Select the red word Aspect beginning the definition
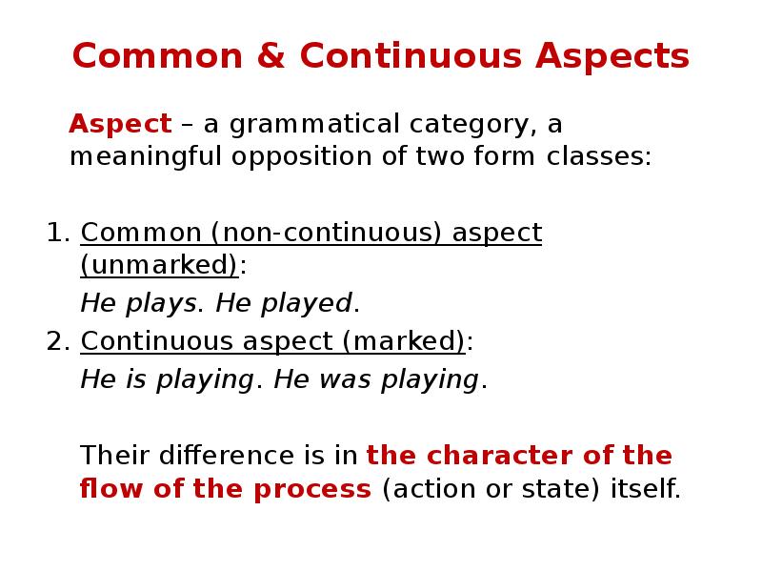pyautogui.click(x=120, y=124)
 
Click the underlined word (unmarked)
pyautogui.click(x=159, y=265)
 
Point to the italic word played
pyautogui.click(x=309, y=304)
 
